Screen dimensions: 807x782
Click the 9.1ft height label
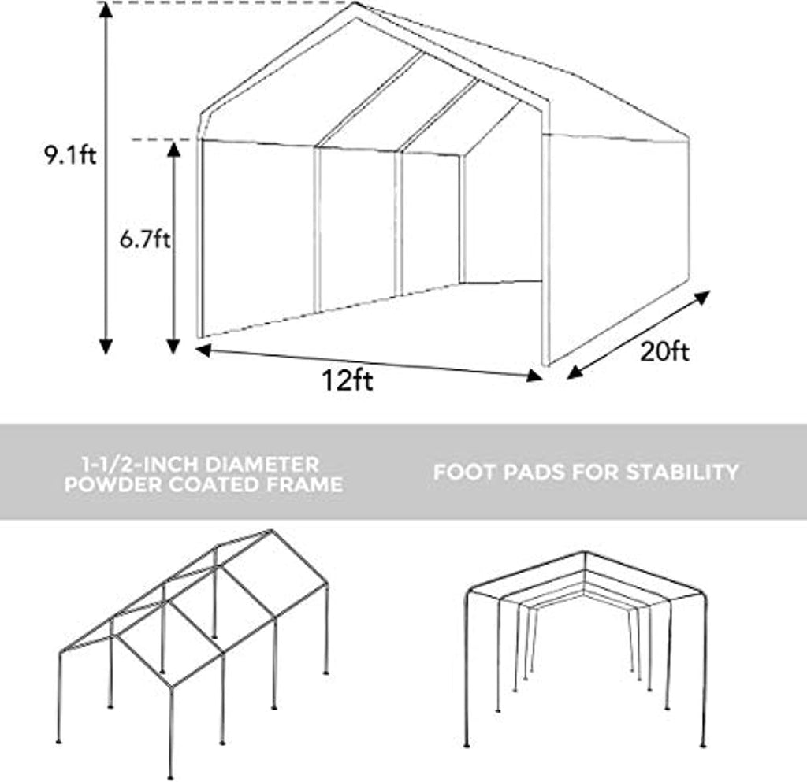[70, 154]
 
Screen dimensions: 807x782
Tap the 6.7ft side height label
[145, 239]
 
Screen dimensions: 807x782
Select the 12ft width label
[348, 380]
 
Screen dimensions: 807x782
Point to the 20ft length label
[664, 352]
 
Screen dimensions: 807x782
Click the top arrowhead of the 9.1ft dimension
[106, 9]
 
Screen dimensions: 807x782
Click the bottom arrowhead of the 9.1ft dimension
[106, 347]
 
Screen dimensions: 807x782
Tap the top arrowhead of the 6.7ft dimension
[173, 149]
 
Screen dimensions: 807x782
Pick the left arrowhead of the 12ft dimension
[203, 350]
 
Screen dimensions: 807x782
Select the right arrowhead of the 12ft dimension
[535, 376]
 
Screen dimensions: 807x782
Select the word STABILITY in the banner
[682, 472]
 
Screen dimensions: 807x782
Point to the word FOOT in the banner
[465, 472]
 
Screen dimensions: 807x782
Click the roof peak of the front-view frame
[585, 552]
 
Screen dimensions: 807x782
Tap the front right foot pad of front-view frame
[703, 745]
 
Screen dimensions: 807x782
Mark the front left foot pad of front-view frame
[467, 745]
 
